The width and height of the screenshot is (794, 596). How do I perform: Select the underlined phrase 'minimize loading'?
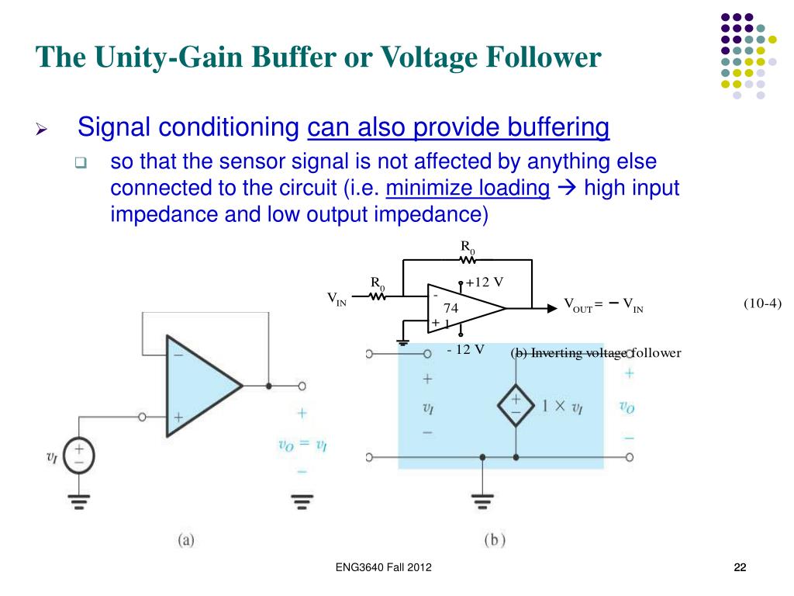click(468, 189)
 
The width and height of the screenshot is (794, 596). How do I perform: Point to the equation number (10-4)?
click(762, 303)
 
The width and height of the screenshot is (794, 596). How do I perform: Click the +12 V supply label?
click(485, 282)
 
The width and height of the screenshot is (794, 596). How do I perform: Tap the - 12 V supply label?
click(466, 348)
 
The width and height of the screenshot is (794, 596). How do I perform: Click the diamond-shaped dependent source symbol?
click(516, 406)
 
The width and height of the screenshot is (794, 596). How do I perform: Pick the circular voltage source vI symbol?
click(79, 456)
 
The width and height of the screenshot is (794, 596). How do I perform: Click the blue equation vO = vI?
click(303, 444)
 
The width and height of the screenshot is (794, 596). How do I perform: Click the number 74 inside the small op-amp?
click(451, 308)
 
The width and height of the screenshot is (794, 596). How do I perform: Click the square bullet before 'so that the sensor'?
click(80, 164)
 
